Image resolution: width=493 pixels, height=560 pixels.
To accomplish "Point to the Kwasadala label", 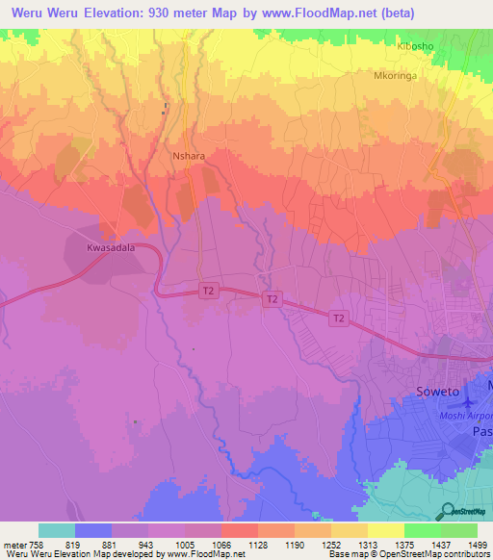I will coord(109,247).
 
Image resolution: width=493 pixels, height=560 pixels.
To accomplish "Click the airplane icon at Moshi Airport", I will coord(471,401).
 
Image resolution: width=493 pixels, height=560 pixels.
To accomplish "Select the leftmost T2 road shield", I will coord(208,290).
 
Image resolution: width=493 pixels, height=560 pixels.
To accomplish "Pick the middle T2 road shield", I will coord(272,300).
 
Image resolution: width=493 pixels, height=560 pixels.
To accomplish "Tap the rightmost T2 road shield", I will coord(338,318).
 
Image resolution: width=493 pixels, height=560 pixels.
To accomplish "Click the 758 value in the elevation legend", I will coord(38,544).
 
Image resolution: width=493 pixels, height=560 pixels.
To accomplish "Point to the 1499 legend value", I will coord(477,544).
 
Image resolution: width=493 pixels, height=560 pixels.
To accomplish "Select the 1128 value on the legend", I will coord(257,544).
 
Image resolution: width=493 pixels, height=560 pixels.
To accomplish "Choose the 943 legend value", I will coord(147,544).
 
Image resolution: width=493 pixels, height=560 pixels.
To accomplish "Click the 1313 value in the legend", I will coord(367,544).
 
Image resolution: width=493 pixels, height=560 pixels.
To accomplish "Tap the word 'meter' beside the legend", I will coord(13,544).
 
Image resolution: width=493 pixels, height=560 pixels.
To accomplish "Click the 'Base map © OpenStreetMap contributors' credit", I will coord(408,554).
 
